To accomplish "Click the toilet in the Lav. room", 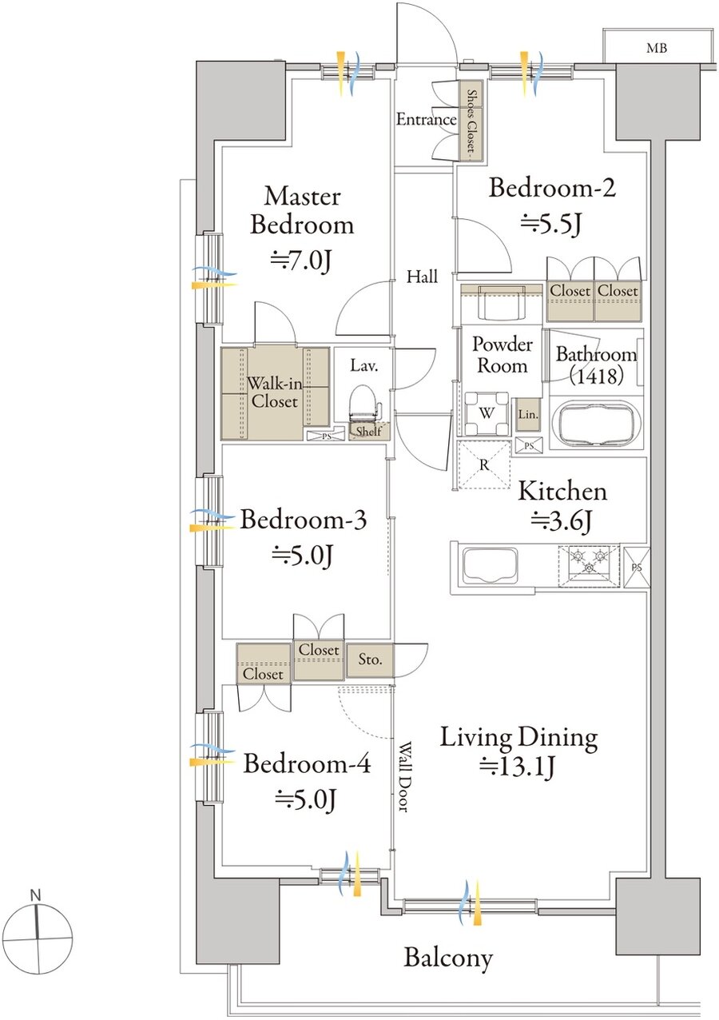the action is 365,404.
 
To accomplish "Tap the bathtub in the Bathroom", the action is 597,424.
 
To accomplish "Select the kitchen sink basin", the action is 490,567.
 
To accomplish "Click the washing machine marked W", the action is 487,413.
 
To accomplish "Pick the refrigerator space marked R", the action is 484,464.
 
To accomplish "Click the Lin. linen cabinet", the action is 528,415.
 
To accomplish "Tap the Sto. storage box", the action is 370,659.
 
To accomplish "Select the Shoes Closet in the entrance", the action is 471,120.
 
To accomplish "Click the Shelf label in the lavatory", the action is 368,431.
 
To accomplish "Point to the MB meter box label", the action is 657,48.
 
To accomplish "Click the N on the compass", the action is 35,895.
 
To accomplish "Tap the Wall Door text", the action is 403,776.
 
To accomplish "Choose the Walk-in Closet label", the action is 274,392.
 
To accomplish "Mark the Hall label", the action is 423,277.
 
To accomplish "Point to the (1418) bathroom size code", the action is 596,377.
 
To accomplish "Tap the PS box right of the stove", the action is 636,568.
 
